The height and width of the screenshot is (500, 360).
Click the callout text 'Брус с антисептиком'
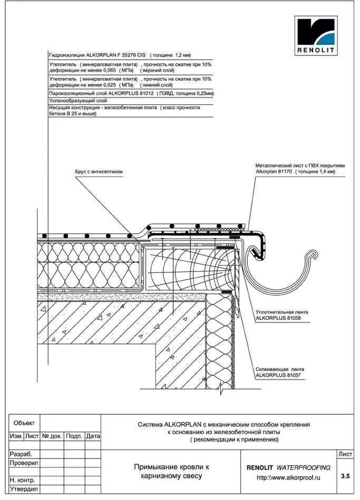(x=99, y=171)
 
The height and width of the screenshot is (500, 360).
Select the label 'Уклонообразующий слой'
(x=78, y=100)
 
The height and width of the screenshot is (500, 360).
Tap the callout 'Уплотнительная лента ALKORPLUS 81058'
(x=281, y=315)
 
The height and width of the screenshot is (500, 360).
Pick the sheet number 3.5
(x=345, y=476)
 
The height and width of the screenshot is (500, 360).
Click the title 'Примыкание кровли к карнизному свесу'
(x=171, y=471)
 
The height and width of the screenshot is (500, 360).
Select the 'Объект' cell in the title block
(x=24, y=423)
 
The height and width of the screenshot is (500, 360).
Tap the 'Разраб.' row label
(x=21, y=454)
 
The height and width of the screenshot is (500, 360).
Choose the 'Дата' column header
(x=93, y=436)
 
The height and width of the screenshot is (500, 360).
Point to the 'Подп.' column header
(x=74, y=436)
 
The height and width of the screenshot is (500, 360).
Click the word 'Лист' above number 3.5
(x=345, y=454)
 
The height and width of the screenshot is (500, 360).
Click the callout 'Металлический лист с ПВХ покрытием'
(x=299, y=165)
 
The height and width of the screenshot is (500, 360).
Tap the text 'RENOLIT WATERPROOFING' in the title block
(x=288, y=467)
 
